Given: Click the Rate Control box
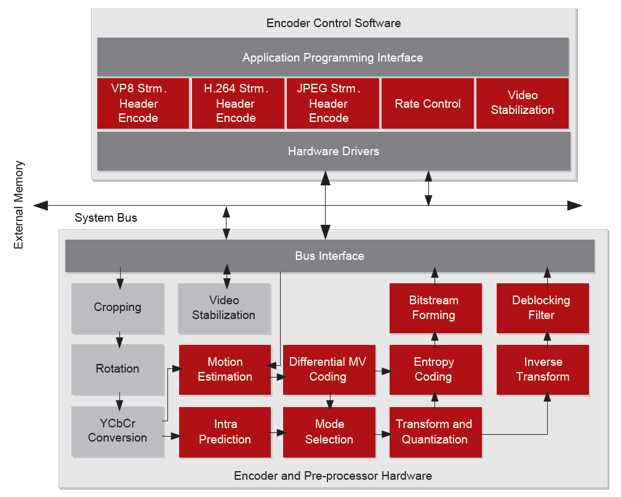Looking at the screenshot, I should (x=428, y=103).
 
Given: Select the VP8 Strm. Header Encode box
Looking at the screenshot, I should (x=143, y=103).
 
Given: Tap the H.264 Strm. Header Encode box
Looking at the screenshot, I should (x=238, y=103).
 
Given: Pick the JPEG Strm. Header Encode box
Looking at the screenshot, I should (x=332, y=103).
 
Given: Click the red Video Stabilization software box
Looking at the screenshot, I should (x=522, y=103).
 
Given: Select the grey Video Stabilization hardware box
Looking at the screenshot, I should (x=223, y=308).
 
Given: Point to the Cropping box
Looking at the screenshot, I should (x=118, y=307).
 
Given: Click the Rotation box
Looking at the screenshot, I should (x=118, y=369).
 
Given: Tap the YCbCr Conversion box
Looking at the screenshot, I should (x=118, y=431).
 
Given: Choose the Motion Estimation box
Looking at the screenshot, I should (x=225, y=370).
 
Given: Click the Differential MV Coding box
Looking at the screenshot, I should (x=329, y=370).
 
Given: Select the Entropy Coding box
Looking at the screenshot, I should (x=435, y=370).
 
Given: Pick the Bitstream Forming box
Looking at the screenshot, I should (x=435, y=308).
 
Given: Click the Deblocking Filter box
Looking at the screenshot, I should (x=542, y=308).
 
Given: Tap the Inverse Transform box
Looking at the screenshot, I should (x=542, y=370).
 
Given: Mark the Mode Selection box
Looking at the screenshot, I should (x=329, y=432).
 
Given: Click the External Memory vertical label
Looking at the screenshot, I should (x=19, y=205).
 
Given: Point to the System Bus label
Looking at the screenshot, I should (x=106, y=218).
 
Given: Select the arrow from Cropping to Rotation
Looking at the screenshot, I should (x=119, y=338).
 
